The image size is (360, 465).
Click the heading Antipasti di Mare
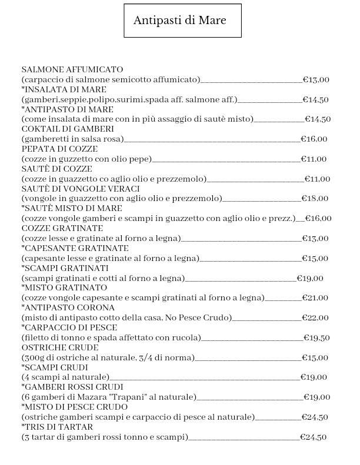tap(179, 21)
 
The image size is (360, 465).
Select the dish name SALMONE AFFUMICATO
tap(72, 69)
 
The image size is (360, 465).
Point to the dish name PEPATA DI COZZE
tap(59, 149)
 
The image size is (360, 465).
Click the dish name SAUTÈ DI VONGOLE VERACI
tap(80, 189)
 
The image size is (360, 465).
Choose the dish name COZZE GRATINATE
tap(62, 228)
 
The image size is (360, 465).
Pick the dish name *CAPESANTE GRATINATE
tap(75, 248)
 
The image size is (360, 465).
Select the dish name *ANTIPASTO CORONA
tap(68, 307)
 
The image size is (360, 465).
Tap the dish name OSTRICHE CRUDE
tap(59, 347)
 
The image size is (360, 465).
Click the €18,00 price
tap(315, 199)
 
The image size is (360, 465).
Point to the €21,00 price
tap(315, 298)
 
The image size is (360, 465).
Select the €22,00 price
tap(315, 318)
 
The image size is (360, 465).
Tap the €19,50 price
tap(316, 337)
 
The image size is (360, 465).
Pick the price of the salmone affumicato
tap(316, 80)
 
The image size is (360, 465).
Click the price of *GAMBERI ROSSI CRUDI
tap(316, 397)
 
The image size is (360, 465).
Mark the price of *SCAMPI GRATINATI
tap(309, 278)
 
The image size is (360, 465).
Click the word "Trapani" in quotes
tap(141, 397)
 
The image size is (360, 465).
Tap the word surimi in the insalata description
tap(131, 99)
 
